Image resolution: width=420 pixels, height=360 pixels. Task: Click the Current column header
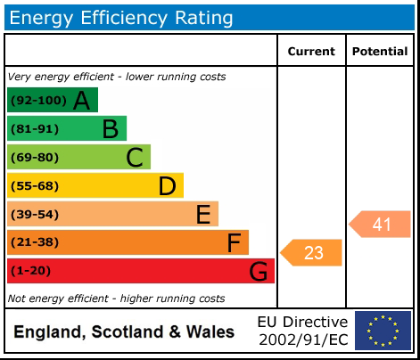(x=311, y=52)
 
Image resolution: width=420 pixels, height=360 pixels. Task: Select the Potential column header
(x=380, y=52)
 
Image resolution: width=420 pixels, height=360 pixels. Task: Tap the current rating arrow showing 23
(x=311, y=253)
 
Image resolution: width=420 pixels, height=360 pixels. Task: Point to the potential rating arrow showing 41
(x=380, y=225)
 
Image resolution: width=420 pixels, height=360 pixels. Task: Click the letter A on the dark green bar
(x=81, y=101)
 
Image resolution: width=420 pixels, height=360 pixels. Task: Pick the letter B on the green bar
(x=111, y=129)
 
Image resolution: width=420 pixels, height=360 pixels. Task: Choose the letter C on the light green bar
(x=135, y=158)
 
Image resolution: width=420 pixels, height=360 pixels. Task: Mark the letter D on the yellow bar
(x=168, y=186)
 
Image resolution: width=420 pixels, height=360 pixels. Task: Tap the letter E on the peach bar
(x=203, y=215)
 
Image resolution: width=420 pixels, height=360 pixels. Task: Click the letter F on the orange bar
(x=234, y=242)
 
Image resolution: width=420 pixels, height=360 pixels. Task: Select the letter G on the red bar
(x=258, y=271)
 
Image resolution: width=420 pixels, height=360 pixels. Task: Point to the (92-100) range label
(x=38, y=100)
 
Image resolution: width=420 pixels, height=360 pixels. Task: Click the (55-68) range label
(x=35, y=186)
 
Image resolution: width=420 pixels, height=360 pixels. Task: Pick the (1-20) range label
(x=30, y=271)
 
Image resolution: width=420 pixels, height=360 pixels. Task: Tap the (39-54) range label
(x=35, y=214)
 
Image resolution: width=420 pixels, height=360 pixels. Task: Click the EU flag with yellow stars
(x=383, y=331)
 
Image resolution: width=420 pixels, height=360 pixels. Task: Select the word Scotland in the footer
(x=128, y=331)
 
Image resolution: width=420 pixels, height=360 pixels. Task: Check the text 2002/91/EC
(x=303, y=340)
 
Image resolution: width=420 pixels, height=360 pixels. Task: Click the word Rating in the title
(x=204, y=19)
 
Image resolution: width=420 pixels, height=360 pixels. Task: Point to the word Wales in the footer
(x=210, y=331)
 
